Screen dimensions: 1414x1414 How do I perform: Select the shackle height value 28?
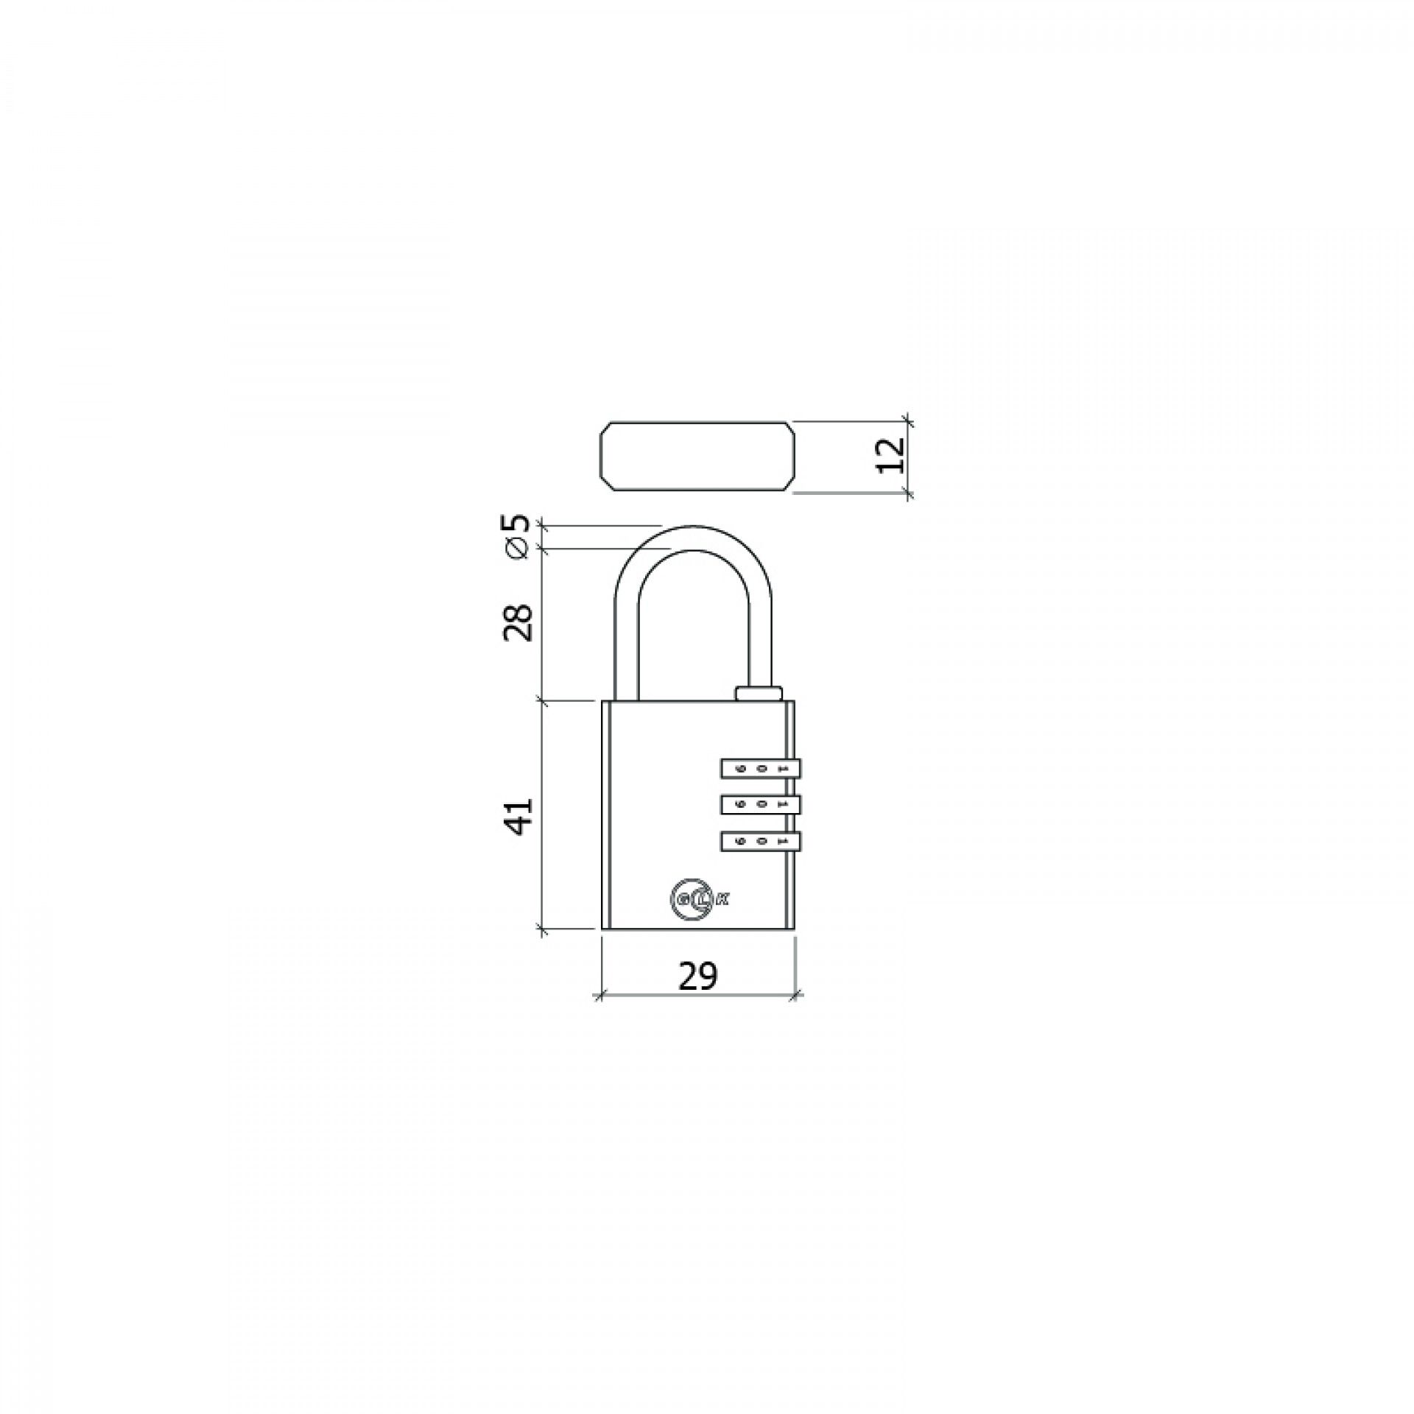tap(518, 622)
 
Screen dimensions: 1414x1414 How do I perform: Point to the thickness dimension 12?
tap(891, 455)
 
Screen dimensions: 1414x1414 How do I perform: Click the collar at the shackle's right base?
tap(758, 693)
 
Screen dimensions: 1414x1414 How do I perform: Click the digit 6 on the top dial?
tap(741, 769)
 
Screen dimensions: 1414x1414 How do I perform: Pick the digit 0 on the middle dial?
tap(762, 804)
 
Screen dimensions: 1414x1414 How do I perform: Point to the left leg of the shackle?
tap(625, 641)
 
